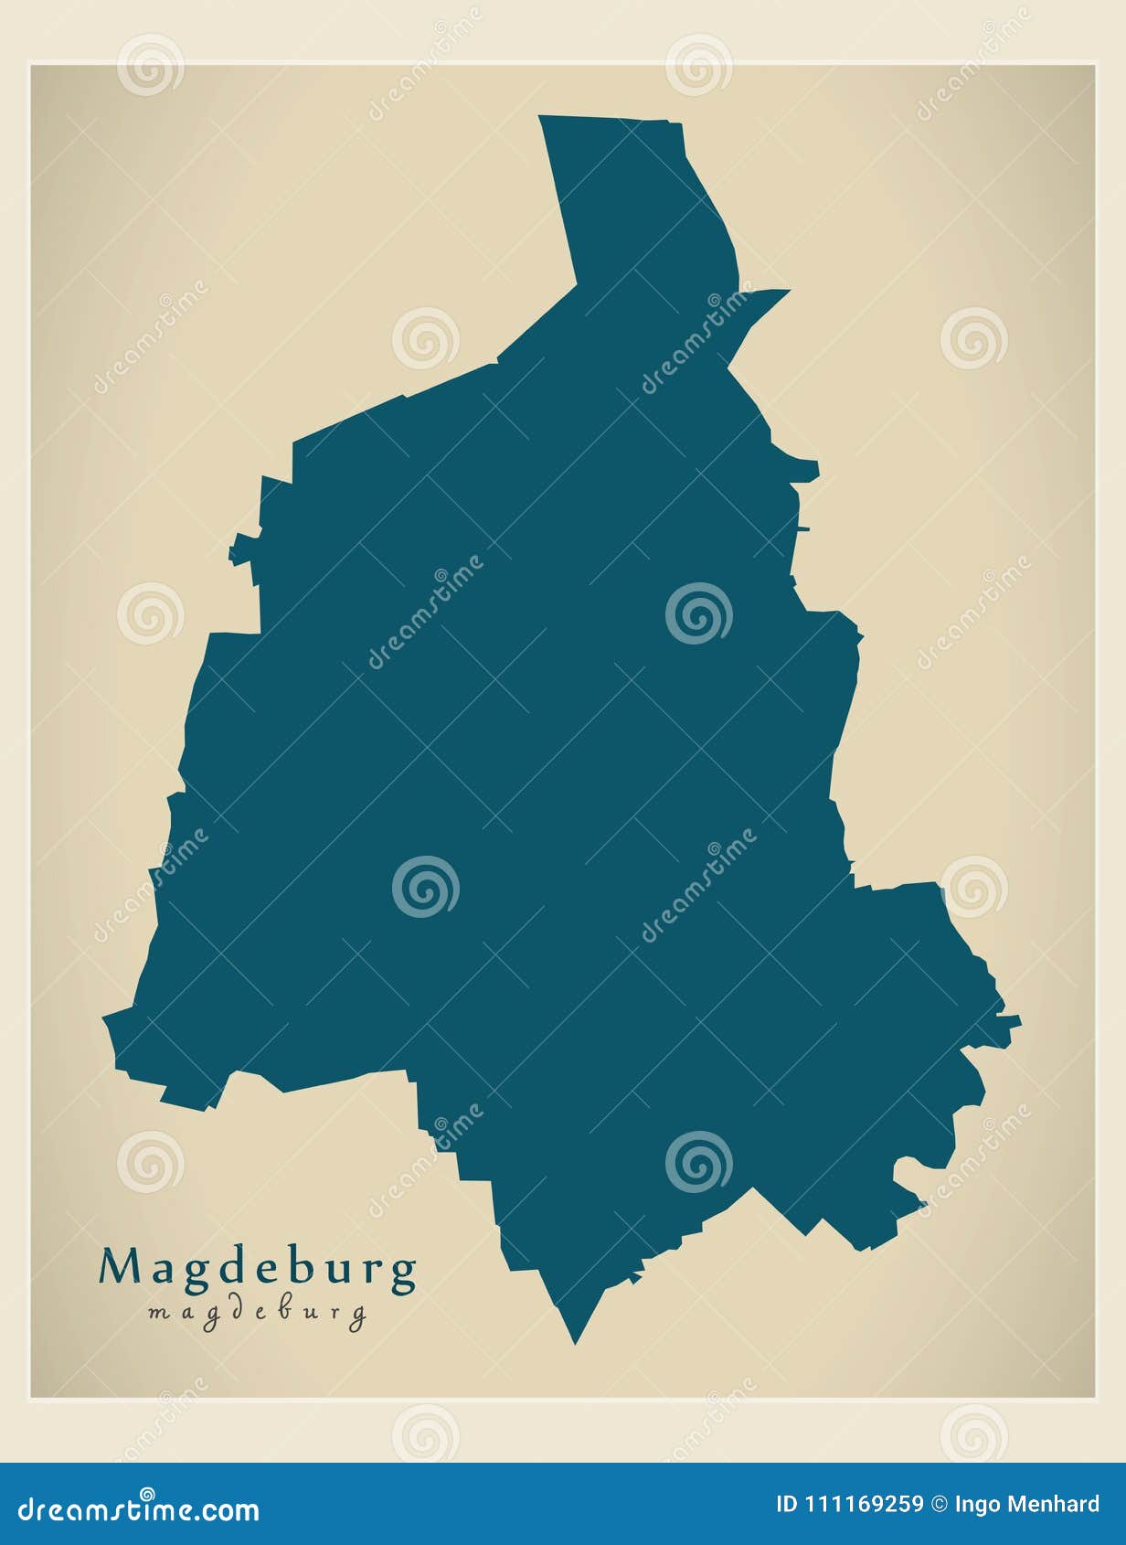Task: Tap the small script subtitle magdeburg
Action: [257, 1314]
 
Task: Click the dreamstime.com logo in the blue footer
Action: [139, 1508]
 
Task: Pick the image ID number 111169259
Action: [864, 1504]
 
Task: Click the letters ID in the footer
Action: [786, 1504]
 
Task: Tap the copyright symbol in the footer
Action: [939, 1504]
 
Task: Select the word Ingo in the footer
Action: [973, 1505]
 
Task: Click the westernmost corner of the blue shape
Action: [106, 1016]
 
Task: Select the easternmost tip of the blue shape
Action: [1017, 1020]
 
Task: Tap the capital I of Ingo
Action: [956, 1504]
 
